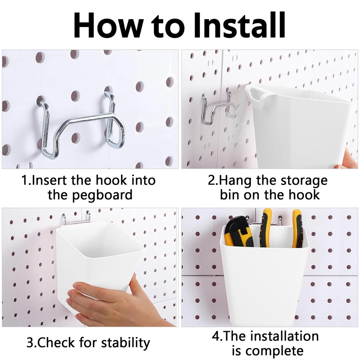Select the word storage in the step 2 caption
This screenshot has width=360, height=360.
point(301,180)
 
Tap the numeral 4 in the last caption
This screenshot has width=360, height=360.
point(216,337)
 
